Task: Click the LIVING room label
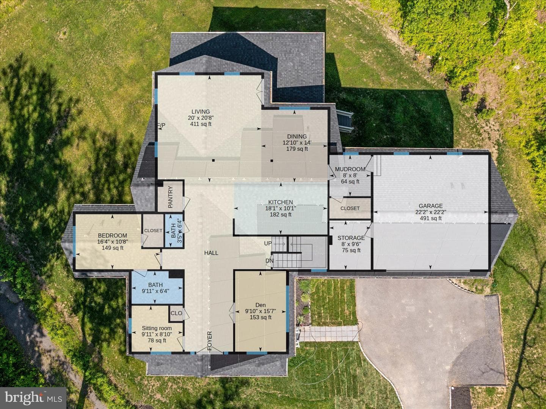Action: (201, 112)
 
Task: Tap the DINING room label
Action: (297, 136)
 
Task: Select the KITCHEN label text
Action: (280, 202)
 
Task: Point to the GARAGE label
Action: (431, 206)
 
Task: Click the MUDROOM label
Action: (350, 169)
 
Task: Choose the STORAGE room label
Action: (351, 238)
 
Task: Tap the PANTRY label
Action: (170, 197)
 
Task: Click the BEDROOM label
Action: (113, 235)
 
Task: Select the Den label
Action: (260, 305)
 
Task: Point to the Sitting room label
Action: (157, 328)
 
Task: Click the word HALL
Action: (211, 253)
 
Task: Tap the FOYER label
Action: (210, 341)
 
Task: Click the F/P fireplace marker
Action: (162, 125)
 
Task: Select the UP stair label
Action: (268, 243)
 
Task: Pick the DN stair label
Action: (269, 261)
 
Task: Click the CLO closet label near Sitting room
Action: (176, 313)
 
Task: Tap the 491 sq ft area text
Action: (431, 218)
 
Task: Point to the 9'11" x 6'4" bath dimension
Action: (155, 291)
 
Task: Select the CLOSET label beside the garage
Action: (350, 208)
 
